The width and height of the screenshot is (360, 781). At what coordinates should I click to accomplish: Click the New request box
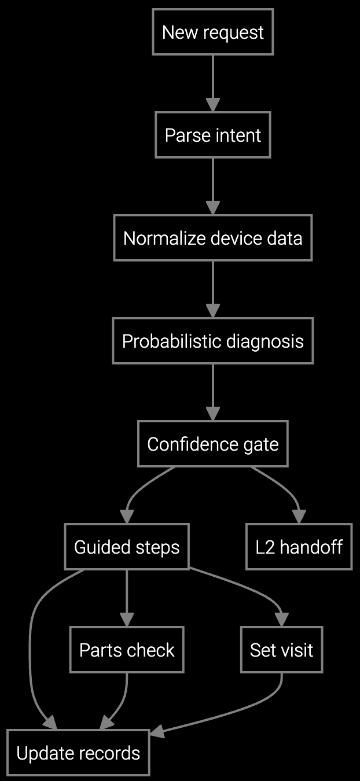coord(212,32)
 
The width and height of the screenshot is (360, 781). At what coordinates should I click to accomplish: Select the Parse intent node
coord(212,135)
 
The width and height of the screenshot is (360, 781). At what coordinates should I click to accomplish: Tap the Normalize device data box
coord(212,238)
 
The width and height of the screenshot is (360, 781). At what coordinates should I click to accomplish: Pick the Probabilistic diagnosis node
coord(212,341)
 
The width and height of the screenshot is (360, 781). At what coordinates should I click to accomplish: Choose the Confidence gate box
coord(212,444)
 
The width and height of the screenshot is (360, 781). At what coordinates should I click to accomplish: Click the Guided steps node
coord(127,547)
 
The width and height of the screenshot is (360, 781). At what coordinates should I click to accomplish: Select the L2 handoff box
coord(299,547)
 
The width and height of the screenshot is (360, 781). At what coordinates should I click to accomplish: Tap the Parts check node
coord(127,650)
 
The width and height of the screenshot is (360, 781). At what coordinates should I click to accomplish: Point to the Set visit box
coord(281,650)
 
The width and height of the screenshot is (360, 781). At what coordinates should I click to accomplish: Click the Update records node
coord(78,753)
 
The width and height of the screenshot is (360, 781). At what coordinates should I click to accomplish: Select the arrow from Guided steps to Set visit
coord(255,590)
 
